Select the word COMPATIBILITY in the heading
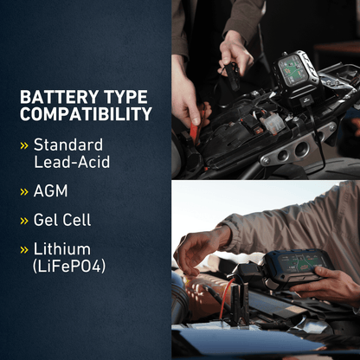coord(86,114)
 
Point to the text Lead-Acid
coord(72,161)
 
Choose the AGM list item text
coord(50,190)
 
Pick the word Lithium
coord(61,249)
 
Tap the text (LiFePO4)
coord(70,267)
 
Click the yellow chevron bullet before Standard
coord(24,145)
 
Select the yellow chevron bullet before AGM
coord(24,190)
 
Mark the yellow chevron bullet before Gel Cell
coord(24,221)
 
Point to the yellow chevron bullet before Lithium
coord(24,250)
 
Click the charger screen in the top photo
coord(296,69)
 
